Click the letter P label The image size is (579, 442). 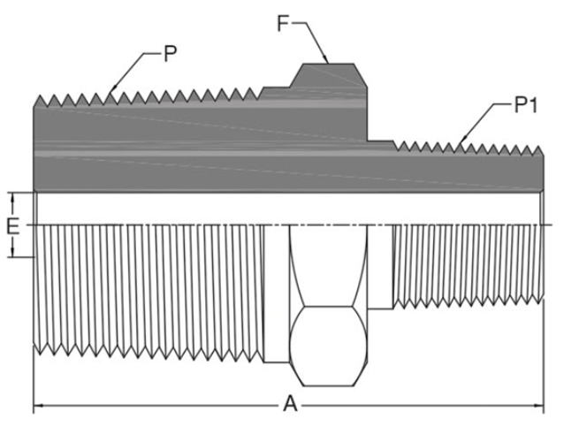[x=171, y=54]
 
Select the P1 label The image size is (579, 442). [x=527, y=107]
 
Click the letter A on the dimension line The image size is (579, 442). [x=289, y=405]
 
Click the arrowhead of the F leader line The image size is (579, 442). [x=327, y=62]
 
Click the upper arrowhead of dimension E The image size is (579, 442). [x=12, y=194]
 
